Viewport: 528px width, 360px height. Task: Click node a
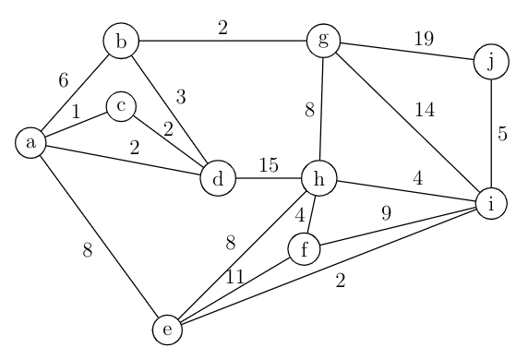click(x=32, y=143)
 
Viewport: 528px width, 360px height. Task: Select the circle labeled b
click(x=120, y=42)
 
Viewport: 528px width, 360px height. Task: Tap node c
click(x=121, y=107)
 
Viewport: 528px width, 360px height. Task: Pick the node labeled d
click(x=218, y=179)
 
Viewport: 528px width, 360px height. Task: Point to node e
click(x=168, y=328)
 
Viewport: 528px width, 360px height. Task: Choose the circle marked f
click(x=305, y=248)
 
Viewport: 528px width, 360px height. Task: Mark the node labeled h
click(x=319, y=179)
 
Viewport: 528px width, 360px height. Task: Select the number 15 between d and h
click(x=269, y=166)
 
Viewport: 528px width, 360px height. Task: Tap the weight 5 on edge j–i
click(x=503, y=133)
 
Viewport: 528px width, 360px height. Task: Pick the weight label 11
click(x=237, y=275)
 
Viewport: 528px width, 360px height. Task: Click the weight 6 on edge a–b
click(x=63, y=81)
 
